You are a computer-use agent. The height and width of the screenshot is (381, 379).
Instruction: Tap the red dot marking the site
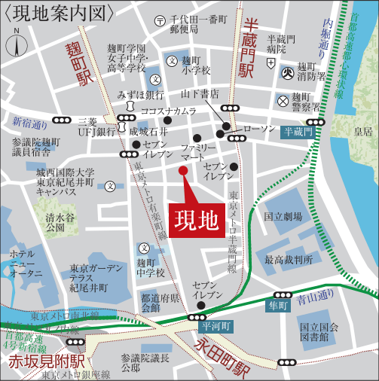click(x=182, y=170)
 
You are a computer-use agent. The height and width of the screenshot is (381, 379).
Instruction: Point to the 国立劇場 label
click(x=283, y=217)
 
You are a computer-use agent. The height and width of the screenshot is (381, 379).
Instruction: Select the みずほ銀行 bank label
click(x=141, y=95)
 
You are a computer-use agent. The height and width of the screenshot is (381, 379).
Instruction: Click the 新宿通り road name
click(x=29, y=123)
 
